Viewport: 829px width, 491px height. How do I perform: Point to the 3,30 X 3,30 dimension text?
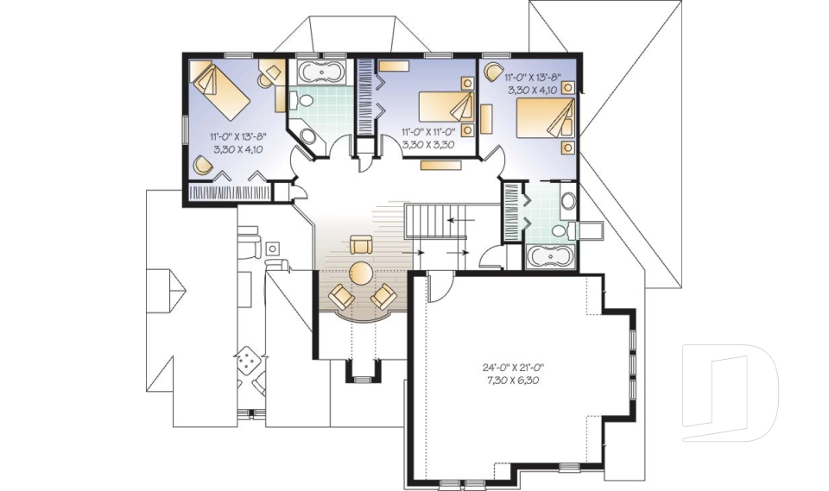429,144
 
